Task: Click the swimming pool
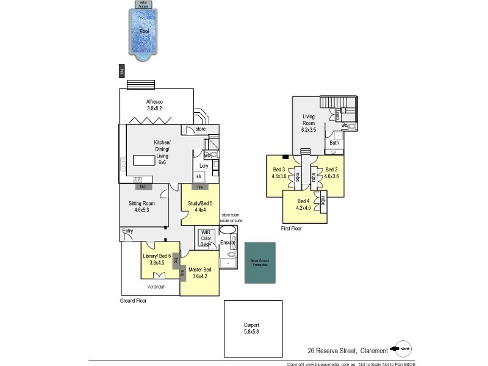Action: tap(145, 34)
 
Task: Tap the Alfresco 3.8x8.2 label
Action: tap(154, 105)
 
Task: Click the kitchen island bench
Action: tap(145, 160)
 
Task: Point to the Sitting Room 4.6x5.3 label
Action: tap(142, 207)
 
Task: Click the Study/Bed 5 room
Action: tap(199, 207)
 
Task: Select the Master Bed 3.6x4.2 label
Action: tap(199, 273)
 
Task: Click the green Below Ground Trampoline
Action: tap(260, 262)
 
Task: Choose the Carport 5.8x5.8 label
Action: tap(252, 328)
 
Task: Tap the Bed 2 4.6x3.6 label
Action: tap(331, 173)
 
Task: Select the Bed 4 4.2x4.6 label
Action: tap(304, 204)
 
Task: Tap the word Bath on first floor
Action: tap(334, 143)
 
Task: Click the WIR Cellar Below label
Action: tap(205, 237)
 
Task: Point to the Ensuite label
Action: tap(228, 242)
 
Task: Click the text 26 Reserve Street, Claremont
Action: tap(347, 350)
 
